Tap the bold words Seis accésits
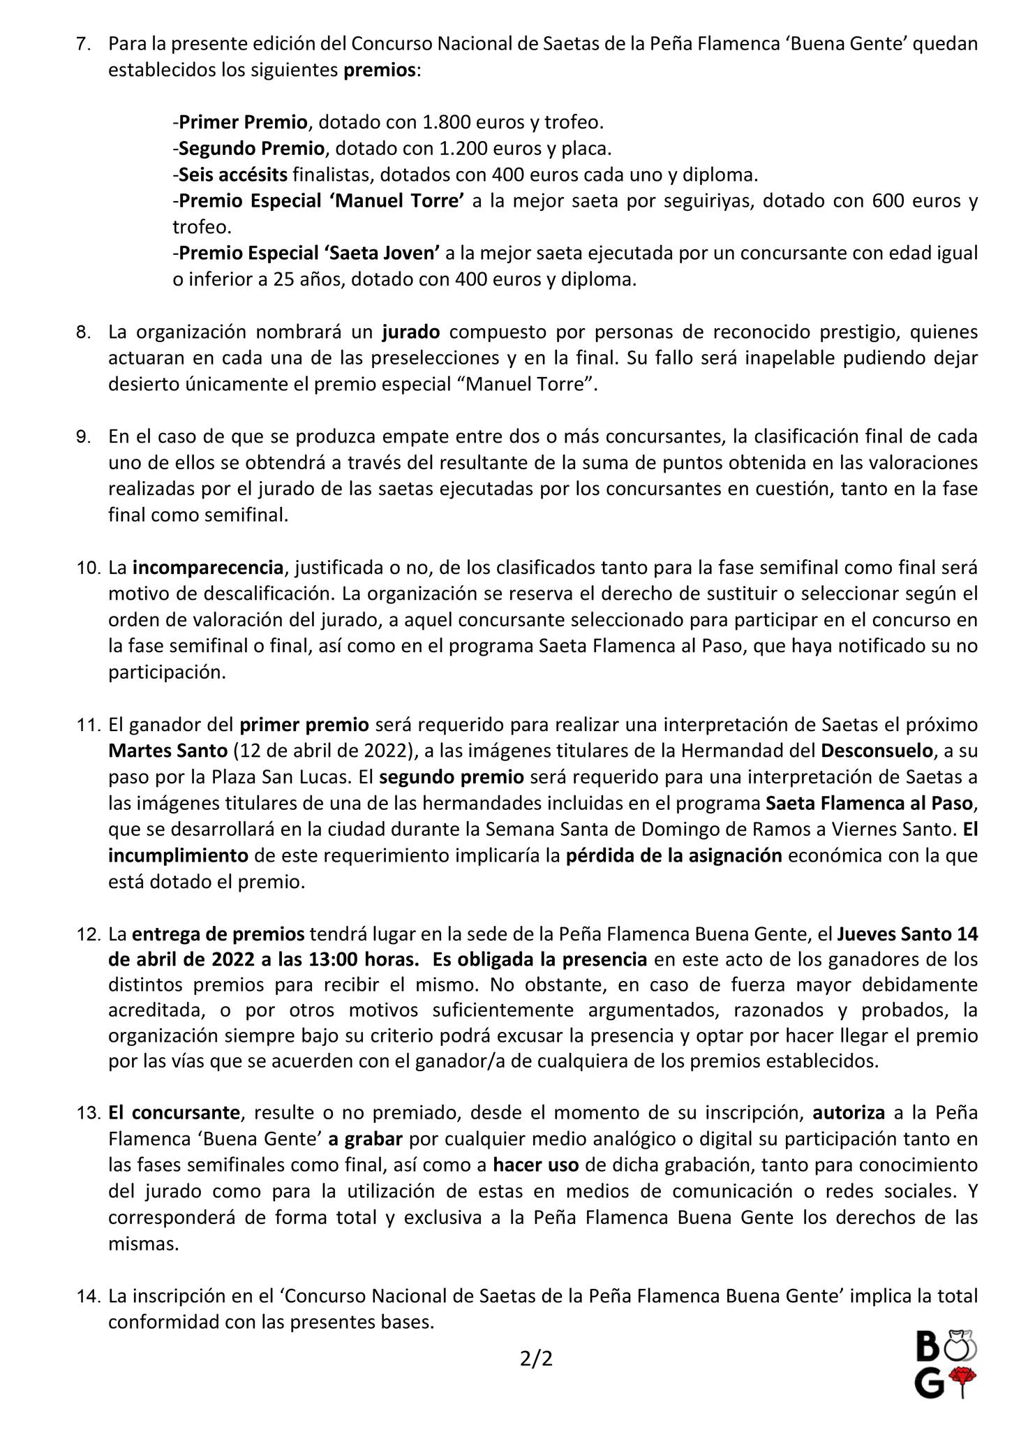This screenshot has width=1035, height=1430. (233, 175)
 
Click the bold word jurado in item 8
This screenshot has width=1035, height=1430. (410, 332)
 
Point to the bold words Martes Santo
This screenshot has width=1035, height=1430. (167, 751)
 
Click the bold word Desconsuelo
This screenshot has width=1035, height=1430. (877, 751)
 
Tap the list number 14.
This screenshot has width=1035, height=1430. (89, 1297)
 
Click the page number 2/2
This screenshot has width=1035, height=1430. (536, 1359)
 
